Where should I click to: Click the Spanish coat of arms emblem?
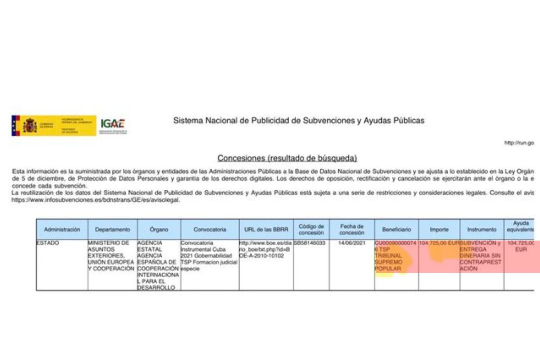[x=30, y=126]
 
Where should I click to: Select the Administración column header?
[x=62, y=229]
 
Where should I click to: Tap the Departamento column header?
[x=112, y=229]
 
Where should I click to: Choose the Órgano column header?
[x=159, y=229]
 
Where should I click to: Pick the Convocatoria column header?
[x=210, y=229]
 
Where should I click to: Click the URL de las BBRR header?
[x=266, y=229]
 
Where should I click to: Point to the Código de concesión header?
[x=311, y=229]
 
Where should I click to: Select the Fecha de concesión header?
[x=352, y=229]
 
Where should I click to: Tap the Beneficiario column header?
[x=397, y=229]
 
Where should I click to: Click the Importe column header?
[x=439, y=229]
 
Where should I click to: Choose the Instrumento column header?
[x=482, y=229]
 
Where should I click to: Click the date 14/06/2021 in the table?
[x=352, y=243]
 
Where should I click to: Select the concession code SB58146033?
[x=309, y=243]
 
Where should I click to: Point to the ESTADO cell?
[x=48, y=243]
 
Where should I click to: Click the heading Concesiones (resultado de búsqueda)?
[x=287, y=158]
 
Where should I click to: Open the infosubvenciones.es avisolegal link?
[x=96, y=200]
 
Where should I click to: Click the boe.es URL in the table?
[x=265, y=249]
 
